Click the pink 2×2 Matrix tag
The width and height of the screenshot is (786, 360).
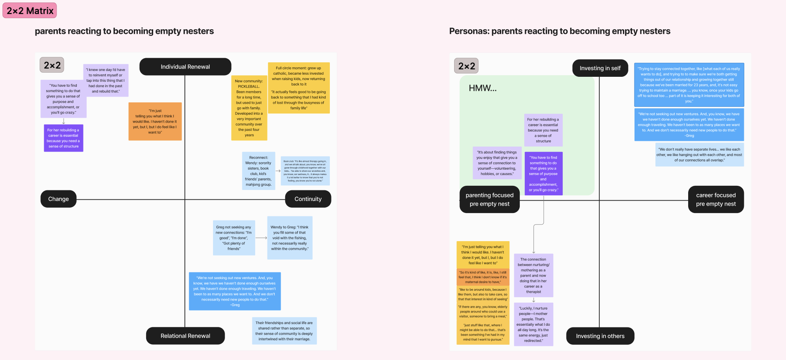[30, 11]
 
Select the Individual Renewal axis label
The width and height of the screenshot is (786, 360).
[185, 67]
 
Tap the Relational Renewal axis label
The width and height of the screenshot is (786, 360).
[185, 336]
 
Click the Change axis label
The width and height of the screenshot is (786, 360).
[59, 199]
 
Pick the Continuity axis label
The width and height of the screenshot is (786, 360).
[308, 199]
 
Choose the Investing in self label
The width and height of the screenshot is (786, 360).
[600, 68]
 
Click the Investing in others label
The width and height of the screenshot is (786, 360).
[600, 336]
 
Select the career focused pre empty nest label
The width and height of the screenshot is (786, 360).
[716, 199]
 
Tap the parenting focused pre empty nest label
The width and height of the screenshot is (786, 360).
[490, 199]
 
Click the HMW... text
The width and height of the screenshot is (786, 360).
[483, 88]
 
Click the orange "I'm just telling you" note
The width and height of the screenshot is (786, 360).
[155, 121]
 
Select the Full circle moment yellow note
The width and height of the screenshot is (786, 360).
[298, 88]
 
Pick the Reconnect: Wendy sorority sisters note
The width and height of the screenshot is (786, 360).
[258, 171]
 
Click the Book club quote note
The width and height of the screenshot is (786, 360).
[305, 171]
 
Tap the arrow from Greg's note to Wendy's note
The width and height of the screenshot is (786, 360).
[261, 238]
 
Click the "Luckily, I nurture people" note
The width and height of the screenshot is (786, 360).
[533, 324]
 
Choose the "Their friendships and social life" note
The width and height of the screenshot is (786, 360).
[284, 331]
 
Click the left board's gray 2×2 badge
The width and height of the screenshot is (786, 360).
[52, 65]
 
